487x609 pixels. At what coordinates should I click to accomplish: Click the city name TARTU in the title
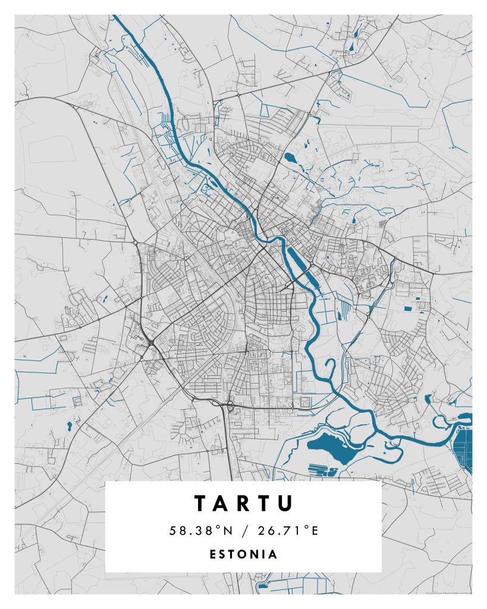[243, 503]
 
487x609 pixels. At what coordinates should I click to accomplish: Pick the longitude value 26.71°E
[289, 530]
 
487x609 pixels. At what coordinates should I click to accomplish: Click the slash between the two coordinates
[244, 530]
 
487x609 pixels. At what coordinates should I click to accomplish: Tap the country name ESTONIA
[243, 554]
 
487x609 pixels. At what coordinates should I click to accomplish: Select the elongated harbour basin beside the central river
[298, 259]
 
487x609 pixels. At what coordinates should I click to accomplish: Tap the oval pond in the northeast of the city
[290, 158]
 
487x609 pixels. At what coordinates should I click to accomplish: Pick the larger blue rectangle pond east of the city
[409, 308]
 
